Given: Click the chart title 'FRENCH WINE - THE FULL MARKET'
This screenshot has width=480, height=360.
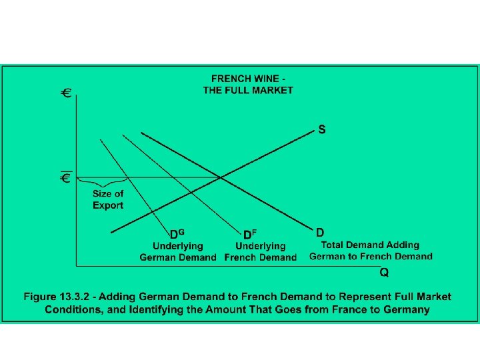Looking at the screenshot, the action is (x=248, y=85).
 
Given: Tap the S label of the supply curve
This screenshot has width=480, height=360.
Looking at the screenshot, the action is (x=322, y=130).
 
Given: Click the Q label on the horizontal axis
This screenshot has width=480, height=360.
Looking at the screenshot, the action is (x=385, y=273).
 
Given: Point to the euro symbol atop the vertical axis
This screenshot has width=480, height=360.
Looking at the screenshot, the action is (x=67, y=93).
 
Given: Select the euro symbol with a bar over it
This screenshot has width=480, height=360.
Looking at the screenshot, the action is (x=67, y=177).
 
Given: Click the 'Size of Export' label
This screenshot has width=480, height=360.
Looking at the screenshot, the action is (x=107, y=199).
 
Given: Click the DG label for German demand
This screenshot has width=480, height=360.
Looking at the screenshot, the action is (x=177, y=234).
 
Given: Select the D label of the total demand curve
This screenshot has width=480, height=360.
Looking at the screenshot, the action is (x=320, y=233).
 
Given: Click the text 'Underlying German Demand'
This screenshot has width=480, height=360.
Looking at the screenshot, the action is (x=178, y=252).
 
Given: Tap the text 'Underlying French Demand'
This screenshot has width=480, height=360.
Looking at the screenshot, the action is (x=261, y=252).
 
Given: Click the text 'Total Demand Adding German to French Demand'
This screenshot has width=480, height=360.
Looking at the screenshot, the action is (x=371, y=251).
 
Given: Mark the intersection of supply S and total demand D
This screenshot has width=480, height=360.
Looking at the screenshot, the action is (x=221, y=177).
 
